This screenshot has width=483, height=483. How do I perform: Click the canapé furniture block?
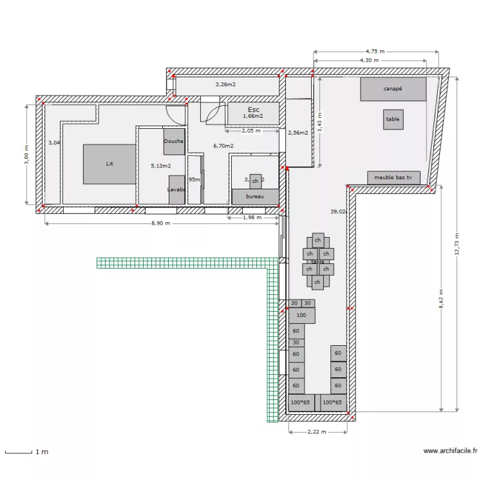pos(393,89)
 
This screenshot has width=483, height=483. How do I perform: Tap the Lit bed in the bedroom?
pos(109,164)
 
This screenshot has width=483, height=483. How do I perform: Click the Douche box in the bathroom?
pos(174,142)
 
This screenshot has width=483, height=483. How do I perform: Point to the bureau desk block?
pos(255,196)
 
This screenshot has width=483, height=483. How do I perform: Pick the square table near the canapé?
pos(393,119)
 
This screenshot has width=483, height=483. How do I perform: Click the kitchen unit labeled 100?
pos(301,316)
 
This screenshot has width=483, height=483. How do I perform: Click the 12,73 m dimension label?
pos(457,244)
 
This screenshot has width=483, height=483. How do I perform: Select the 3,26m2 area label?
pos(225,84)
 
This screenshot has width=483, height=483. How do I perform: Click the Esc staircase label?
pos(253,109)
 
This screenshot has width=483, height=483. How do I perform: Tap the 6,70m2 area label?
pos(223,146)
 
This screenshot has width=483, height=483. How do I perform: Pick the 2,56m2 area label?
pos(298,133)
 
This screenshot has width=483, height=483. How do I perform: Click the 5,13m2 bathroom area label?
pos(160,166)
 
